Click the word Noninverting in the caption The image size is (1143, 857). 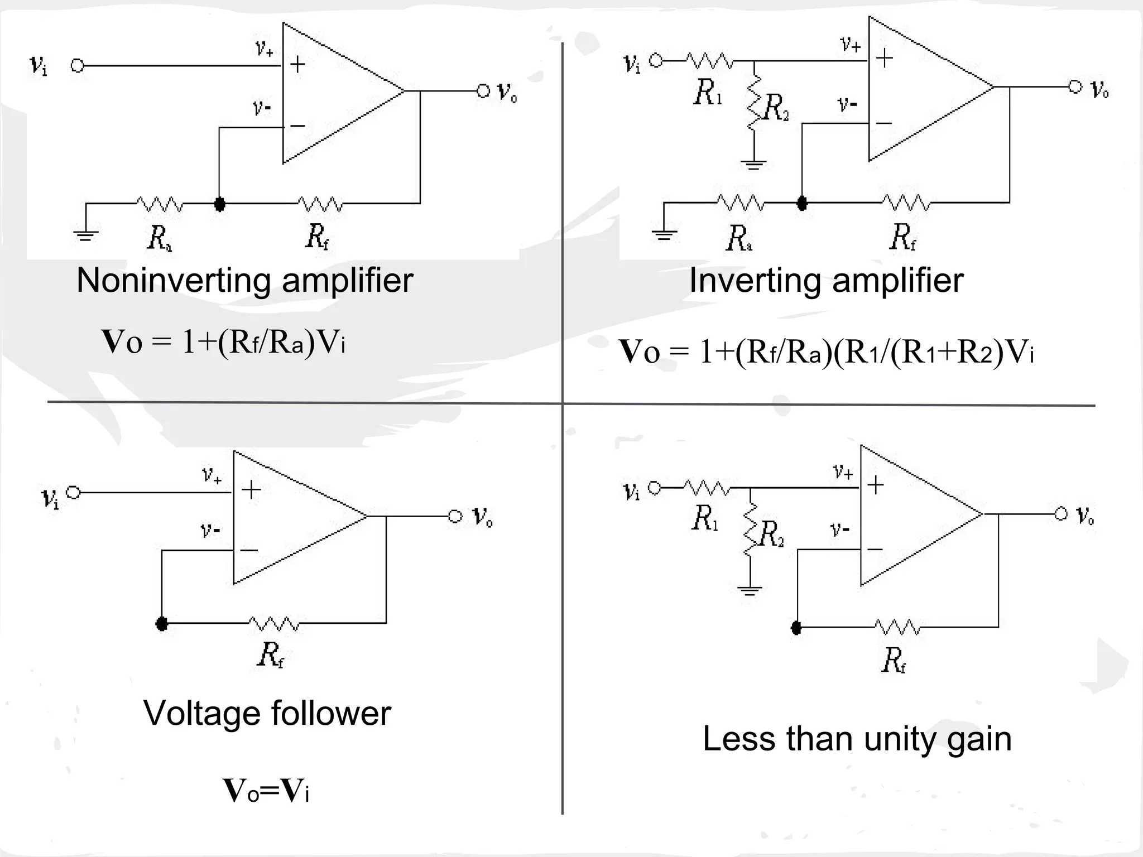click(x=174, y=280)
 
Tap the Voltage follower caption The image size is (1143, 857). click(x=267, y=713)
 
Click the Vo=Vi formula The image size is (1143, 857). click(x=266, y=791)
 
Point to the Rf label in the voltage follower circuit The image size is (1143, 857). click(x=271, y=654)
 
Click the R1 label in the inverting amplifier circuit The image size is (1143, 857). click(x=707, y=93)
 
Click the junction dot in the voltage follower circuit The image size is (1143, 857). click(x=162, y=624)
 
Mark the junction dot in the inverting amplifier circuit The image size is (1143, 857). click(x=802, y=203)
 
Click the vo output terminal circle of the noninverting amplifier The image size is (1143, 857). click(x=483, y=91)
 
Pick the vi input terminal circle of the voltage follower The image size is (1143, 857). click(x=74, y=493)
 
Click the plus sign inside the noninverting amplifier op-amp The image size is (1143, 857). click(x=297, y=64)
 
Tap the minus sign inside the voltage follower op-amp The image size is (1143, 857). click(x=249, y=551)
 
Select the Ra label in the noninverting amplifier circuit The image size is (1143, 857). click(x=159, y=238)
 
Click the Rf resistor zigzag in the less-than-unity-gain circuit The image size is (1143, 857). click(x=897, y=627)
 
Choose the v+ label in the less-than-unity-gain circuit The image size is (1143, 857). click(x=843, y=473)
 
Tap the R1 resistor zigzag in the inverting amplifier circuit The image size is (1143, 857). click(x=709, y=60)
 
